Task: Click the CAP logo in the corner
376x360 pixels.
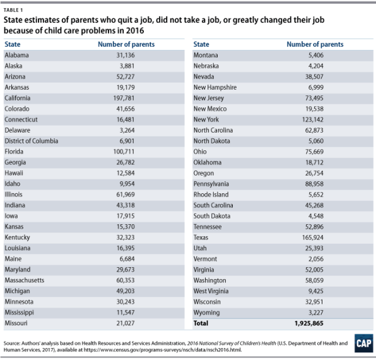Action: [364, 343]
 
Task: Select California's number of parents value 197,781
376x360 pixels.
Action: [124, 98]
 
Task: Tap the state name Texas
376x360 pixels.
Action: [201, 237]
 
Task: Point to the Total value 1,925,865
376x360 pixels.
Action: [309, 323]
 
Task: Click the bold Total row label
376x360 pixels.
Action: [201, 323]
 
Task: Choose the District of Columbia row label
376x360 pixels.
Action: [32, 141]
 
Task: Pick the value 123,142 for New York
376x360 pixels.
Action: [313, 119]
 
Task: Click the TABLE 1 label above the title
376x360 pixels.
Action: [13, 10]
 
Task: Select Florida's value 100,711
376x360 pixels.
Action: [124, 152]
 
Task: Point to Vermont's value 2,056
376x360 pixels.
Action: [316, 259]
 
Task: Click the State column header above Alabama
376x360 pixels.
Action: [13, 44]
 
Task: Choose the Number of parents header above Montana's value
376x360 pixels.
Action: [315, 44]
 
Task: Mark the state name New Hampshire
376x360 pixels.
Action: [215, 87]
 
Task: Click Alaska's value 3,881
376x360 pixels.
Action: [127, 66]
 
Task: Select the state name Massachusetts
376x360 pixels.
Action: [25, 280]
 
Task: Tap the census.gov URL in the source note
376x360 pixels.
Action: [163, 350]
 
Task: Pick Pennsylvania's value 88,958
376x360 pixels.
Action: [314, 184]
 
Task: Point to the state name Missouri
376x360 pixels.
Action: [16, 323]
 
